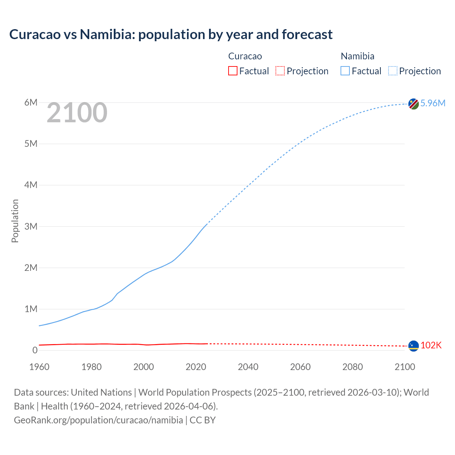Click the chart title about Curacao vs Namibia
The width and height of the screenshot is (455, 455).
pyautogui.click(x=171, y=34)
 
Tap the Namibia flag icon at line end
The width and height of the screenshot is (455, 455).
pyautogui.click(x=413, y=104)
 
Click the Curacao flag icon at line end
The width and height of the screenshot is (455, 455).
pyautogui.click(x=413, y=346)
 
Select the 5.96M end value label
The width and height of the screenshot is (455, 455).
pyautogui.click(x=433, y=103)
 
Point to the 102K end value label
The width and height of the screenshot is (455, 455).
pyautogui.click(x=431, y=345)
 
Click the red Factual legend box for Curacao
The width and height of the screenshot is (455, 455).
pyautogui.click(x=233, y=71)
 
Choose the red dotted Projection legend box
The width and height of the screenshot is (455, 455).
pyautogui.click(x=280, y=71)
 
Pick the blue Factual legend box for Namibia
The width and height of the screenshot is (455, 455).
pyautogui.click(x=345, y=71)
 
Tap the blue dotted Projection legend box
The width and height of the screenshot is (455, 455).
pyautogui.click(x=393, y=71)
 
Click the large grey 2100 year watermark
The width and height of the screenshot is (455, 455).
pyautogui.click(x=77, y=113)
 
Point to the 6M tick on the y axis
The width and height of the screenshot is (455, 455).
pyautogui.click(x=31, y=103)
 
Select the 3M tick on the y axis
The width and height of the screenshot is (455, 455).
pyautogui.click(x=31, y=226)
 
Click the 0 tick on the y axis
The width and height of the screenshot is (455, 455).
pyautogui.click(x=34, y=350)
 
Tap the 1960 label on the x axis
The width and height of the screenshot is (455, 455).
pyautogui.click(x=39, y=367)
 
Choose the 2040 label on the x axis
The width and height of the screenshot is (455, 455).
pyautogui.click(x=248, y=367)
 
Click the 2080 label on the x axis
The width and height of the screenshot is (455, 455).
pyautogui.click(x=353, y=367)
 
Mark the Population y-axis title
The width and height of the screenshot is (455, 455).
pyautogui.click(x=15, y=221)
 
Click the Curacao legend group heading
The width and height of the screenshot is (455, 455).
pyautogui.click(x=245, y=56)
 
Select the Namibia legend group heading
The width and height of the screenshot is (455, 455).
pyautogui.click(x=357, y=56)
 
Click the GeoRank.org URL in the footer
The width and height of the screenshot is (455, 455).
pyautogui.click(x=98, y=420)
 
